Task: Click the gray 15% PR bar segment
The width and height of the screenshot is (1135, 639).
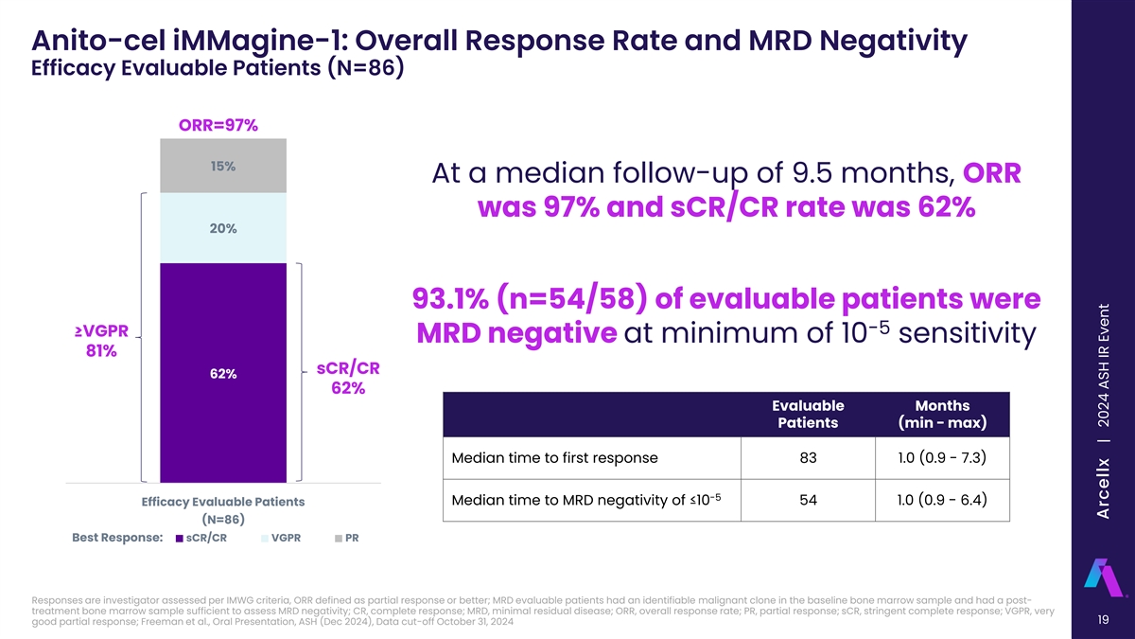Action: click(223, 166)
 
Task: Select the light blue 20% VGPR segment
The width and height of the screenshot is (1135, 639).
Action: click(223, 227)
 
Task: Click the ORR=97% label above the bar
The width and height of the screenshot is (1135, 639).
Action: click(218, 126)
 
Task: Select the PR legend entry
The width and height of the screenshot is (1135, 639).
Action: click(346, 540)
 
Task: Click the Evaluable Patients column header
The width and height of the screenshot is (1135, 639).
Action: click(810, 414)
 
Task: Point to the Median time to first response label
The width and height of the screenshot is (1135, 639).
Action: click(554, 458)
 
